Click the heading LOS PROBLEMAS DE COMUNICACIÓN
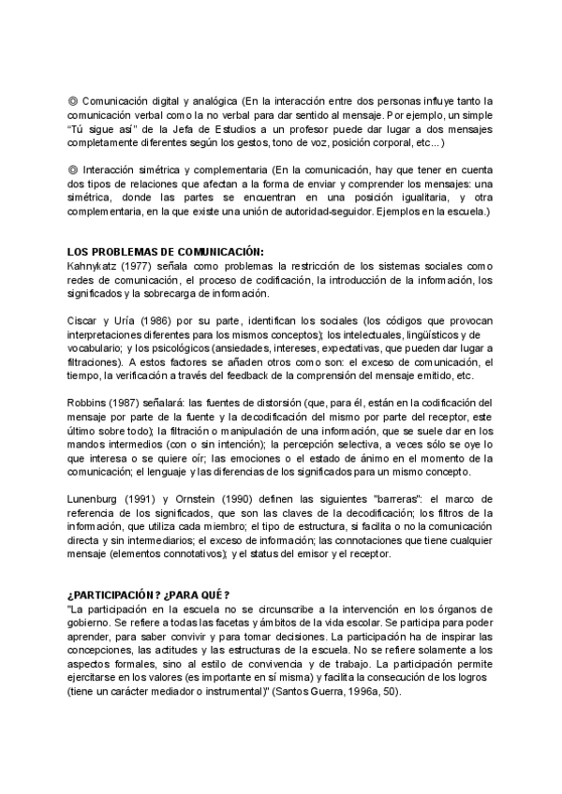[x=166, y=250]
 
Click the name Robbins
[x=87, y=402]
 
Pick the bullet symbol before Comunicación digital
[x=73, y=99]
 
